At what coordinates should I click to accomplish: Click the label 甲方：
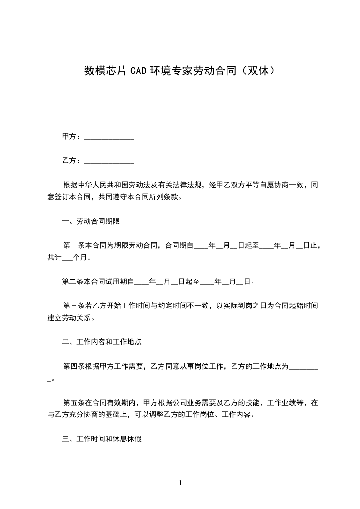tap(72, 137)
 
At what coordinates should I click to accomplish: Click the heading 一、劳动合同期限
tap(90, 221)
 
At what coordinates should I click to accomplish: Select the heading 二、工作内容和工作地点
tap(102, 342)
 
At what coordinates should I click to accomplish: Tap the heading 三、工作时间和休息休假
tap(102, 440)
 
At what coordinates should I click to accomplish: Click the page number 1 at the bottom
tap(180, 483)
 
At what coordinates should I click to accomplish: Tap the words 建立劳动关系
tap(70, 318)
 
